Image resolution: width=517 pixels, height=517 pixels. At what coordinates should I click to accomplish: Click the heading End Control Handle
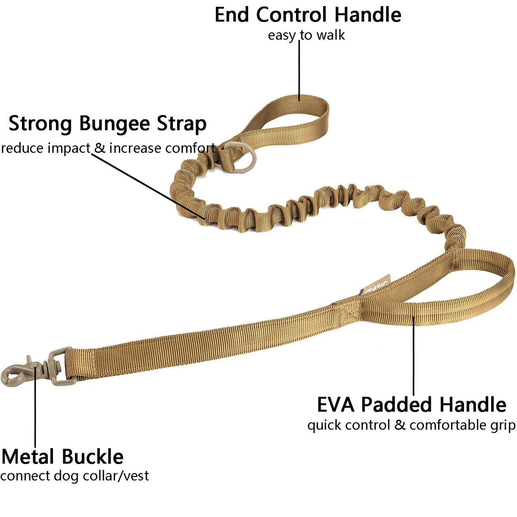(308, 15)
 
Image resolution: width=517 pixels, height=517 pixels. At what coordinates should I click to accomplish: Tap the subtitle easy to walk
(306, 35)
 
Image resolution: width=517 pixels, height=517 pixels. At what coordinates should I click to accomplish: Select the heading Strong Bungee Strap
(107, 124)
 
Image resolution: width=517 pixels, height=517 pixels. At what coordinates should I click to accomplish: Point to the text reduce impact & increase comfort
(108, 148)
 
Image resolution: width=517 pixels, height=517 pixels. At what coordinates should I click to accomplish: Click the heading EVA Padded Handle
(411, 405)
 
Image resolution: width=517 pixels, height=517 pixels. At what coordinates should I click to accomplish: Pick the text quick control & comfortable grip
(411, 425)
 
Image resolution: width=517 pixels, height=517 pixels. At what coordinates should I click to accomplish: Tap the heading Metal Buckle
(63, 457)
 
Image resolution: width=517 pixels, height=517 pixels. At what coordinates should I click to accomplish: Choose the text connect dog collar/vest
(75, 476)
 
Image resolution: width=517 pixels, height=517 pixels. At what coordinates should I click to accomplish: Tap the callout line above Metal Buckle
(35, 414)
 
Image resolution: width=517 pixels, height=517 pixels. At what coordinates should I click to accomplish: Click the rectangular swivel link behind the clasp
(61, 366)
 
